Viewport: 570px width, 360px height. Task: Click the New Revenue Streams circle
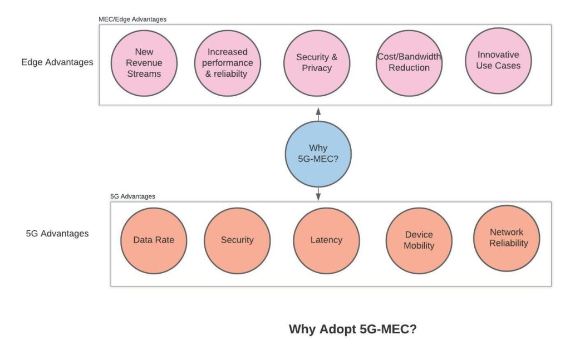(144, 63)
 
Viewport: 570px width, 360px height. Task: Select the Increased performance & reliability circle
(228, 63)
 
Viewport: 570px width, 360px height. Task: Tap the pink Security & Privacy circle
(317, 63)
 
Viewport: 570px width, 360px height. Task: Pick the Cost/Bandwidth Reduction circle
(409, 63)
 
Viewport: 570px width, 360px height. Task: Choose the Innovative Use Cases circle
(498, 61)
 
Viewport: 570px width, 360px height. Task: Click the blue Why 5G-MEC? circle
(318, 154)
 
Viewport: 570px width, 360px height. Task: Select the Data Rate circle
(154, 240)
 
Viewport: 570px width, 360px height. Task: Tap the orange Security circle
(237, 240)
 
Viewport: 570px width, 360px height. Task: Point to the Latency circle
(326, 240)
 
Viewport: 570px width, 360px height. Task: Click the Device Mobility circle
(419, 240)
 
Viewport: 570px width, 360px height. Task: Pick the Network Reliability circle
(507, 238)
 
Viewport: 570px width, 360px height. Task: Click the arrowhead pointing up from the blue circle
(318, 111)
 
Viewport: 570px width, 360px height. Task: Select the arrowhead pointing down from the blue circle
(318, 196)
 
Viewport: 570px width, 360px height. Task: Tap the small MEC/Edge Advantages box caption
(132, 19)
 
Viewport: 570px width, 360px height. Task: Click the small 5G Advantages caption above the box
(132, 196)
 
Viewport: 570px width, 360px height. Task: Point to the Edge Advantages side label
(57, 62)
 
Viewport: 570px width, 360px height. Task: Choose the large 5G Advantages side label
(57, 233)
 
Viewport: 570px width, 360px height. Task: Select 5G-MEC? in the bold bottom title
(388, 329)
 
